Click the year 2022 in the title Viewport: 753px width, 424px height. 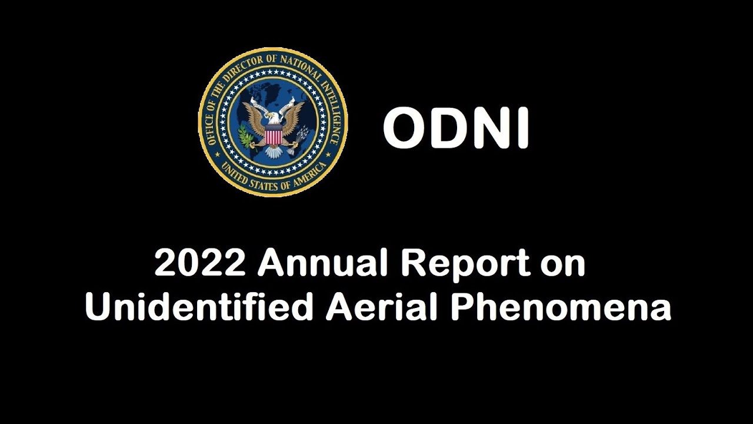(x=199, y=263)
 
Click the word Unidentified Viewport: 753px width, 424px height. (x=199, y=307)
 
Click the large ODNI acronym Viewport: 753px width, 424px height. (x=457, y=129)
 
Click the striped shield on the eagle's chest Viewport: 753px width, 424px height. (x=273, y=137)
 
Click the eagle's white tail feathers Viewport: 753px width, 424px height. (x=273, y=152)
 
